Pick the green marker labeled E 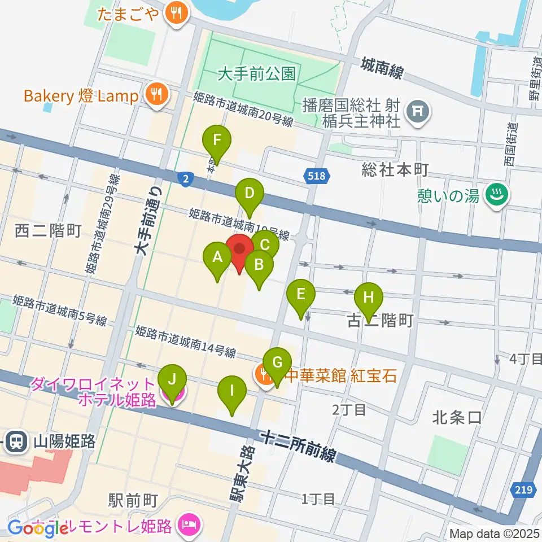pyautogui.click(x=301, y=295)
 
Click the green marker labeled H pyautogui.click(x=369, y=298)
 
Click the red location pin pyautogui.click(x=240, y=250)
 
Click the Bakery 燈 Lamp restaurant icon pyautogui.click(x=155, y=95)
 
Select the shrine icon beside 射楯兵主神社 pyautogui.click(x=418, y=113)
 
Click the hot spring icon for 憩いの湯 pyautogui.click(x=498, y=196)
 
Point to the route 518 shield pyautogui.click(x=316, y=177)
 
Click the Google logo pyautogui.click(x=38, y=528)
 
